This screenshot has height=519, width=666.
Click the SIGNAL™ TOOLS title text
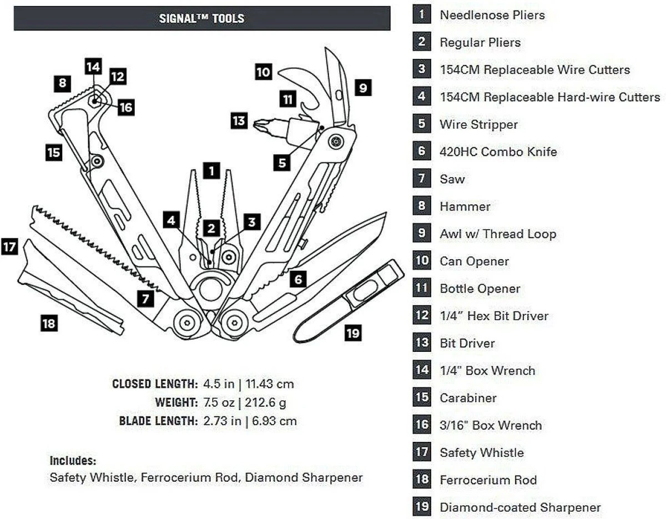[x=201, y=18]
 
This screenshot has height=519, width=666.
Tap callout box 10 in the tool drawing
[x=264, y=72]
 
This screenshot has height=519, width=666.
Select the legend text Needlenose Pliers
[x=492, y=15]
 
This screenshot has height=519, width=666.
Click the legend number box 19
[x=422, y=507]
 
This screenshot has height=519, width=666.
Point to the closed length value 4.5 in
[x=218, y=384]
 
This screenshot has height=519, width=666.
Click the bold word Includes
[x=73, y=460]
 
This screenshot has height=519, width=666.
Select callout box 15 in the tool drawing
[x=53, y=152]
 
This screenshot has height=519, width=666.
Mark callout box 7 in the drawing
[x=145, y=299]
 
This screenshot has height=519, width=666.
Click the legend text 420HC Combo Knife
[x=498, y=152]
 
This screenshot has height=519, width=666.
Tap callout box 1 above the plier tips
[x=211, y=170]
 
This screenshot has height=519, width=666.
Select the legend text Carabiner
[x=468, y=398]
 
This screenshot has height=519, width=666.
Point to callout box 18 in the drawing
[x=49, y=323]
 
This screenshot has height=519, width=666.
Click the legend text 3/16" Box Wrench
[x=491, y=425]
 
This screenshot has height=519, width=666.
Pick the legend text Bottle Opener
[x=480, y=289]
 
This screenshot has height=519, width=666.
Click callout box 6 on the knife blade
[x=298, y=279]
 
